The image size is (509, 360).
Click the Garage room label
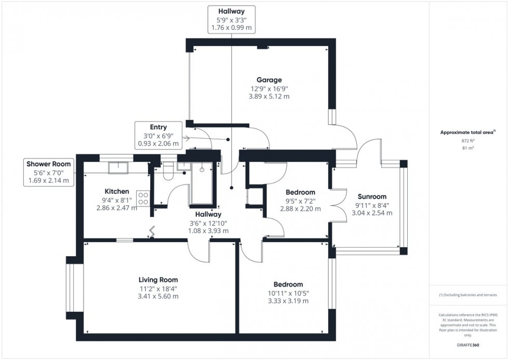(x=269, y=80)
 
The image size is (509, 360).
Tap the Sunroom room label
(x=372, y=196)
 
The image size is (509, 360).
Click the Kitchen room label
(x=116, y=191)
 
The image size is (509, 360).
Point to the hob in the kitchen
(x=143, y=198)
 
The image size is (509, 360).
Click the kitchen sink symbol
(x=118, y=167)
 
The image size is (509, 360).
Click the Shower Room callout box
(x=50, y=172)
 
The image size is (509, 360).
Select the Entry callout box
(x=158, y=135)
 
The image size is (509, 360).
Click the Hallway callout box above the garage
(x=232, y=20)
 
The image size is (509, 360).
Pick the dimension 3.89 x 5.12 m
(x=269, y=97)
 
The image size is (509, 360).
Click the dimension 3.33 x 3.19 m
(x=288, y=301)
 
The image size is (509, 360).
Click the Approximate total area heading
(x=467, y=132)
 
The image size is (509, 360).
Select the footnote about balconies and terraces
(x=468, y=295)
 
